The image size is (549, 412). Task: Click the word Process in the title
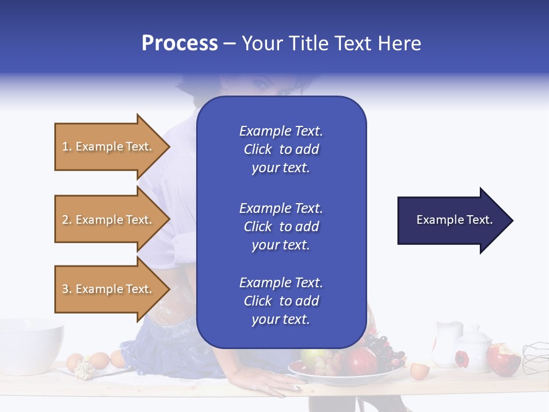180,43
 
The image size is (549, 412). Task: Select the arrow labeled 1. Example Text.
109,146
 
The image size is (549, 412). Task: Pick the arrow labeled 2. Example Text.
109,220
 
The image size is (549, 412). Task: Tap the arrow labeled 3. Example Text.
109,289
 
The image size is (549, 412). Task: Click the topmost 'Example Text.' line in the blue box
281,131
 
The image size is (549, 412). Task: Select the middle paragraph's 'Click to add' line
281,227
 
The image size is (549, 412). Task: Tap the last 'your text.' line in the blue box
281,319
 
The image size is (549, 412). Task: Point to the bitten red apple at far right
503,359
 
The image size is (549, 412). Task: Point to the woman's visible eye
261,86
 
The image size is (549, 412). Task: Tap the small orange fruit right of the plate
419,370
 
